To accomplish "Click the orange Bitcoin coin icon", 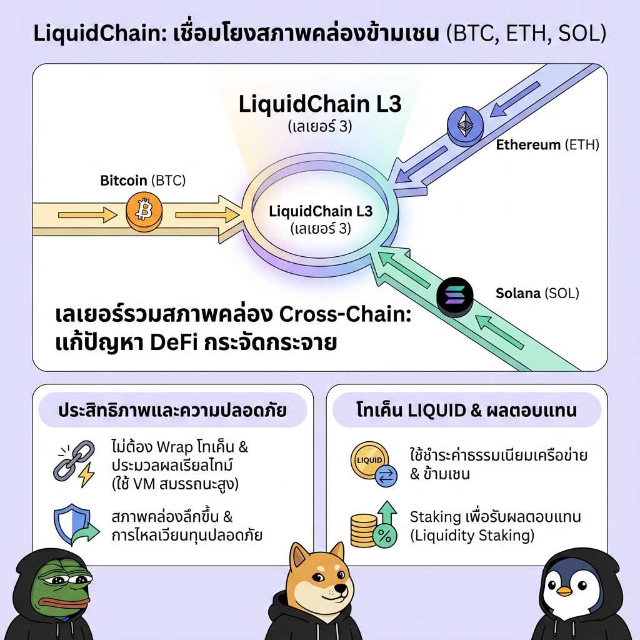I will pyautogui.click(x=144, y=212).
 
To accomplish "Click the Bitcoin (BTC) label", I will pyautogui.click(x=143, y=181).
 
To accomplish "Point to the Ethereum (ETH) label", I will pyautogui.click(x=547, y=145).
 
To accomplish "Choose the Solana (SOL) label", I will pyautogui.click(x=537, y=292).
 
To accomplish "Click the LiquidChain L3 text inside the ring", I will pyautogui.click(x=321, y=211).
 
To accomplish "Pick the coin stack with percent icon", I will pyautogui.click(x=373, y=526).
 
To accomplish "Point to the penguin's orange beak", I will pyautogui.click(x=565, y=591).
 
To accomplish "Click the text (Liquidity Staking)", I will pyautogui.click(x=472, y=536).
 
